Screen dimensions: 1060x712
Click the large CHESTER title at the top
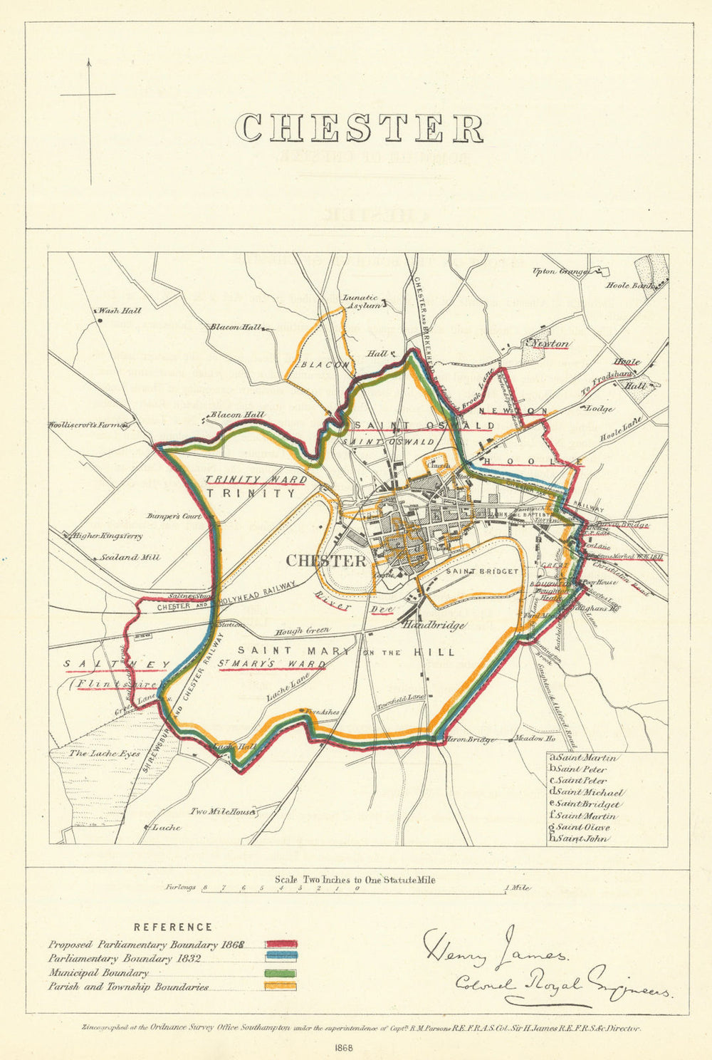(360, 129)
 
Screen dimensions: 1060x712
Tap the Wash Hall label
(120, 311)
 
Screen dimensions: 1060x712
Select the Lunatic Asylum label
(359, 302)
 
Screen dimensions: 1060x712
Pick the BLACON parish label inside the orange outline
(324, 364)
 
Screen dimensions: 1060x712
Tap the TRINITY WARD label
(256, 479)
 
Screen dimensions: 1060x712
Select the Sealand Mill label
(129, 558)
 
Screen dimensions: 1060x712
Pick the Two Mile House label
(221, 811)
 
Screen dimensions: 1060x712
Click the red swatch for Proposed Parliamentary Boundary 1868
(281, 945)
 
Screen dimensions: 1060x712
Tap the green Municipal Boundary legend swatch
(281, 973)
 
